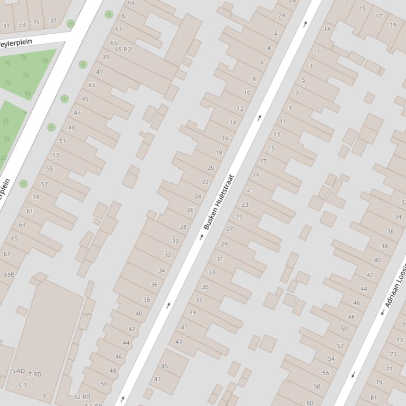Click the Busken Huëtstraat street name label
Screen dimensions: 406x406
pos(219,202)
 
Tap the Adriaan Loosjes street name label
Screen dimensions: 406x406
pos(395,285)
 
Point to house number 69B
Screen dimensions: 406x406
pos(10,275)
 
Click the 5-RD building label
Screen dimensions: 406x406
pos(18,371)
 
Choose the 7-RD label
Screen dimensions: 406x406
pos(35,374)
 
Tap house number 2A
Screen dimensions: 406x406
pos(282,16)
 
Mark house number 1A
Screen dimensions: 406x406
pos(327,29)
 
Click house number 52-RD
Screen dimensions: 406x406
pos(82,397)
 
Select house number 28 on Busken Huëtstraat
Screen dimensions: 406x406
pos(183,227)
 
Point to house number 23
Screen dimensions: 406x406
pos(245,205)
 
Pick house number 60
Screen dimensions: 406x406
pos(310,403)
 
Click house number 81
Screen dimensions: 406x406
pos(374,398)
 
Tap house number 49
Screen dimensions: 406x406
pos(71,128)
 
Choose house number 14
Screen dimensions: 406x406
pos(233,122)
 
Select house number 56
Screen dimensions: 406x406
pos(326,373)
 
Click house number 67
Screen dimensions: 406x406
pos(7,254)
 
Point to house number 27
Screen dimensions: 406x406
pos(230,229)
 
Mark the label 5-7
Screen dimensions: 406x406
pos(23,386)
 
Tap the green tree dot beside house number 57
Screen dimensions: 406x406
pos(23,183)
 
